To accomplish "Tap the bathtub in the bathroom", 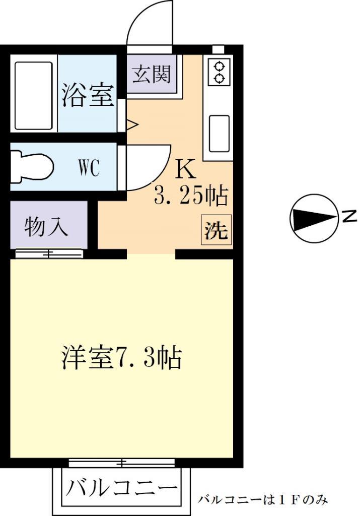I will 34,96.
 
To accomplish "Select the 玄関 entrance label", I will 152,75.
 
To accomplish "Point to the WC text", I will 89,168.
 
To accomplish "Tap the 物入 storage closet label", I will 46,227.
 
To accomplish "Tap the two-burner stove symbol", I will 219,71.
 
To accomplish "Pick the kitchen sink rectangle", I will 219,134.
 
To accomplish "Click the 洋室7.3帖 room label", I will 121,357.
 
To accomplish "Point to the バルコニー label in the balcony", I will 122,488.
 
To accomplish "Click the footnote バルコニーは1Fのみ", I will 262,500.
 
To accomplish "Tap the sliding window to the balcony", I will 122,463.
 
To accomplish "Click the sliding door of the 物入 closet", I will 49,254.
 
